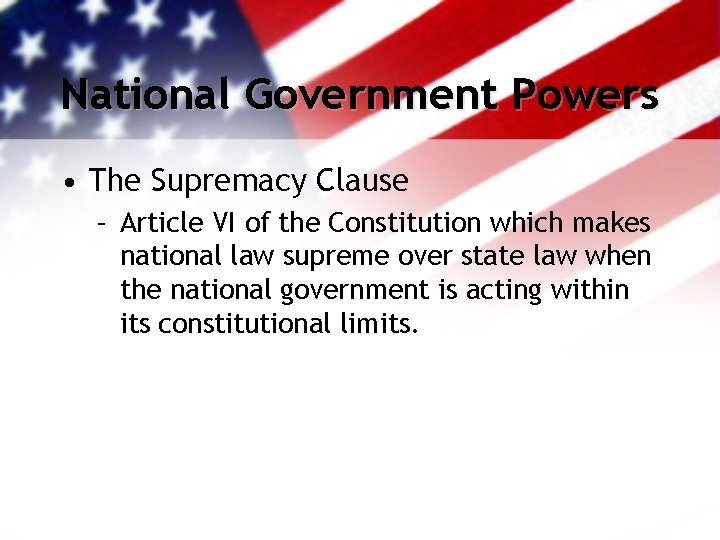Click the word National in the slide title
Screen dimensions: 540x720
pyautogui.click(x=147, y=95)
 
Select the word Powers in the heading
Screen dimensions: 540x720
pyautogui.click(x=585, y=95)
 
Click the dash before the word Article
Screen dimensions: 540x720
pyautogui.click(x=102, y=222)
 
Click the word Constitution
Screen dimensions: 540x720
pyautogui.click(x=399, y=222)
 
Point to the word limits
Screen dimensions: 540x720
pyautogui.click(x=377, y=324)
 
